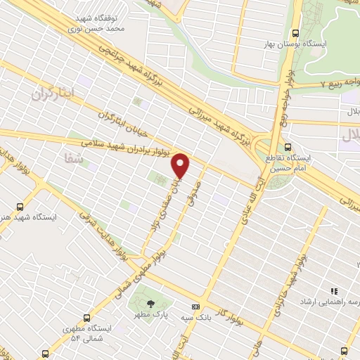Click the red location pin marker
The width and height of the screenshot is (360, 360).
click(x=181, y=165)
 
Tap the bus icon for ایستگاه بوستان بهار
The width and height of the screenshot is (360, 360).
click(x=296, y=33)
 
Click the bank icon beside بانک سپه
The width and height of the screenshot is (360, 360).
click(x=195, y=307)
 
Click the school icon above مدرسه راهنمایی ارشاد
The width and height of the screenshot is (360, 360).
click(x=335, y=291)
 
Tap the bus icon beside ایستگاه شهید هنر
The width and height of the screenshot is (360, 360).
click(x=20, y=207)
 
